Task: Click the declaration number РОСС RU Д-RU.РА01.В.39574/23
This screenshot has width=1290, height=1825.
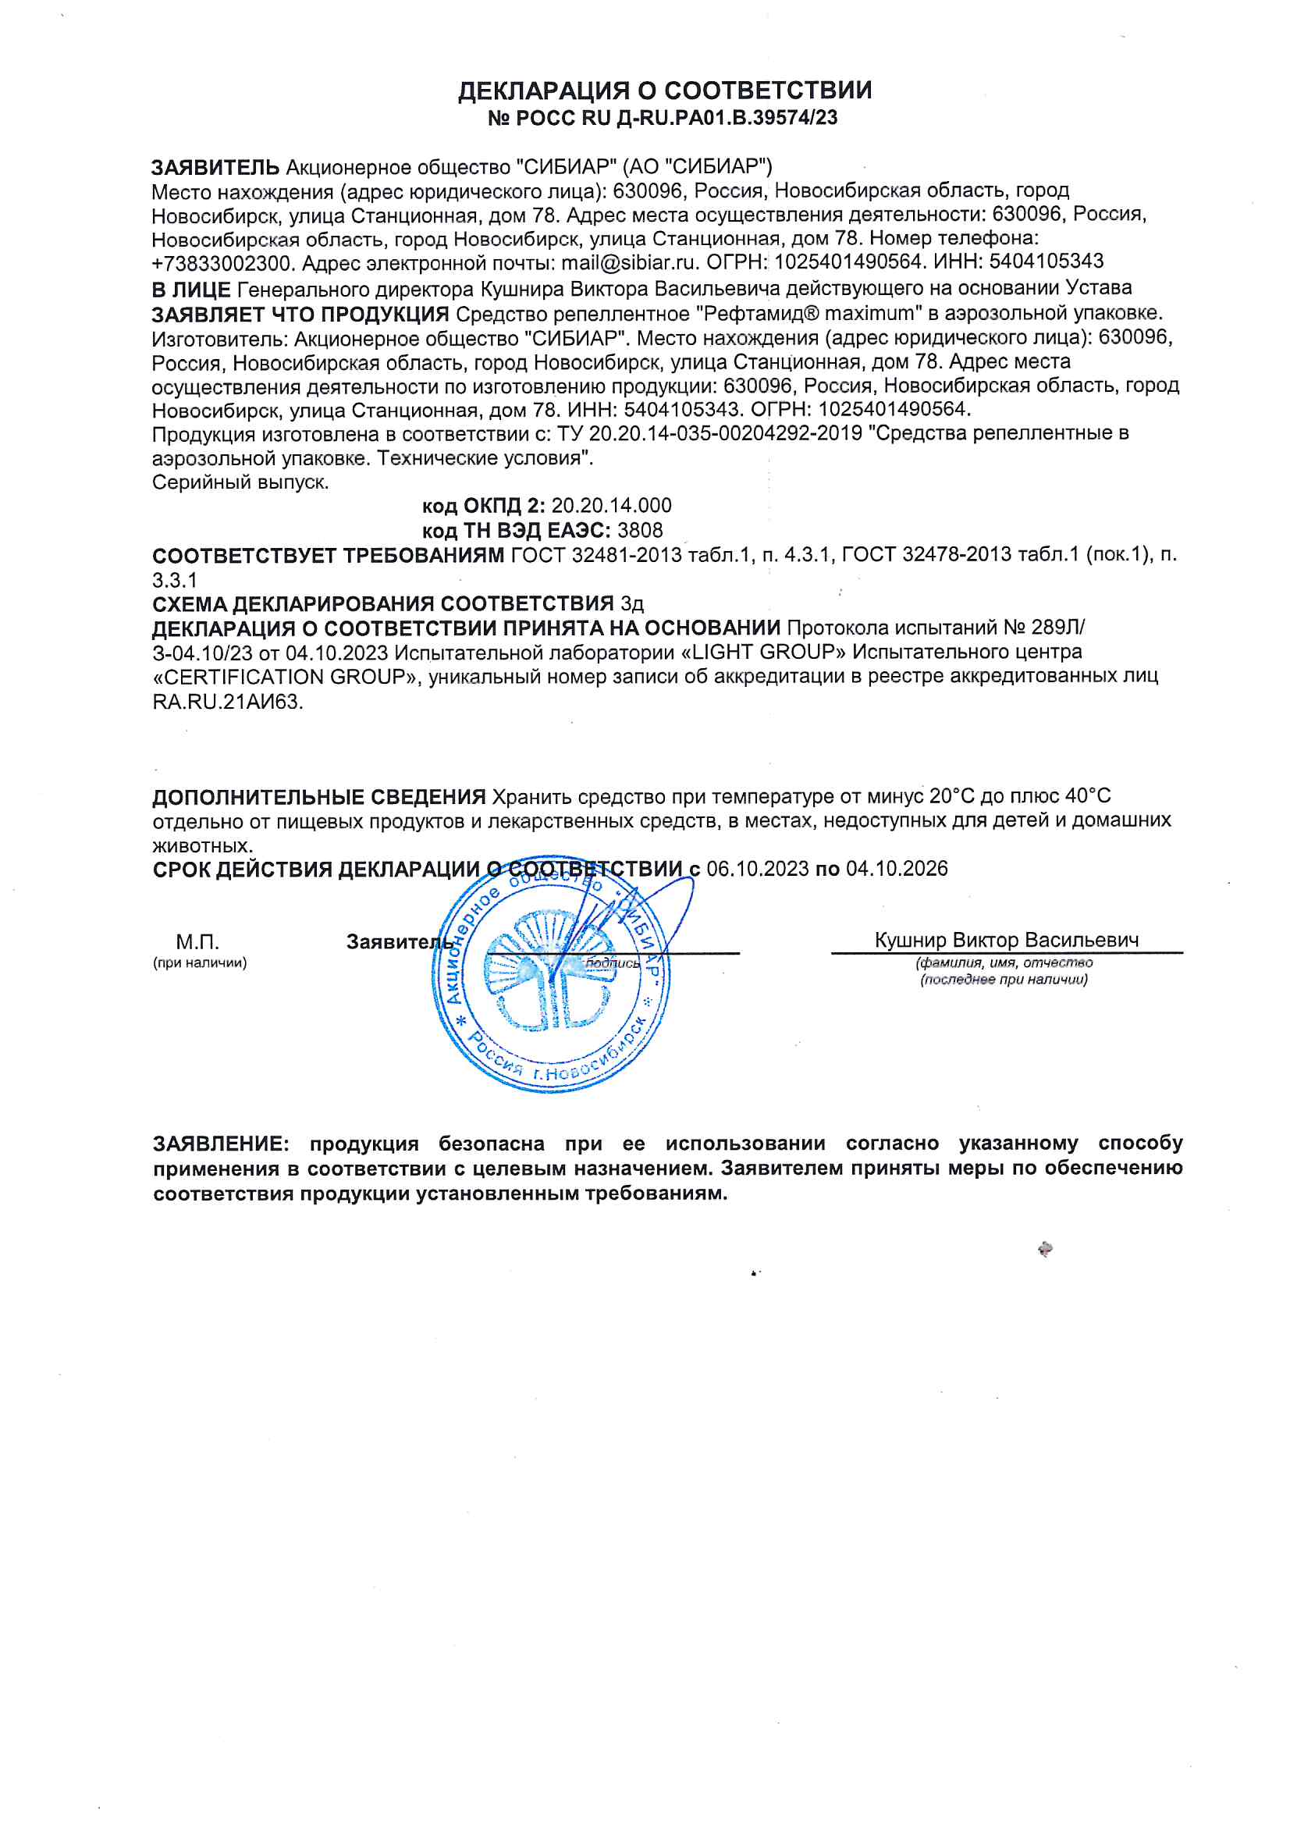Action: click(x=677, y=119)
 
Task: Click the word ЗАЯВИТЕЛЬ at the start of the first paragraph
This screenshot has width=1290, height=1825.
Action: click(x=215, y=168)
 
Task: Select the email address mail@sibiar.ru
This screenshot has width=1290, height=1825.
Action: click(x=630, y=262)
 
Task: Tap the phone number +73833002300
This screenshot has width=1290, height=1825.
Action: click(x=223, y=263)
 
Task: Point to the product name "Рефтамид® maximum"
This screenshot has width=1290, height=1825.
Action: click(x=809, y=313)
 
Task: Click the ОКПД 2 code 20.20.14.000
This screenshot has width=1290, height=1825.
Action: click(x=611, y=506)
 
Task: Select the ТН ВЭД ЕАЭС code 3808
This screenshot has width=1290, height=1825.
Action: click(x=640, y=530)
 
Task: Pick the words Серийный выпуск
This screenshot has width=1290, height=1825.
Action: click(x=240, y=482)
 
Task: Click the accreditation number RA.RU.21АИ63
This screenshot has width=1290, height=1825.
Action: click(x=227, y=703)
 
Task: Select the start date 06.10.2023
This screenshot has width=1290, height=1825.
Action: click(x=758, y=869)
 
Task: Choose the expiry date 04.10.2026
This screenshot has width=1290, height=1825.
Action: click(x=897, y=869)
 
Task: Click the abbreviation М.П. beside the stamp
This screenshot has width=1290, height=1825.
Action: click(x=197, y=943)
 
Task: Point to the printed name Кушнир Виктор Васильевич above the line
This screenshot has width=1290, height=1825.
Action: click(x=1006, y=941)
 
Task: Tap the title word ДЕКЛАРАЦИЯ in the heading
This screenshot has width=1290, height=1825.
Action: click(x=545, y=91)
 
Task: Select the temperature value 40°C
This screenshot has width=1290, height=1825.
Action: click(x=1087, y=796)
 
